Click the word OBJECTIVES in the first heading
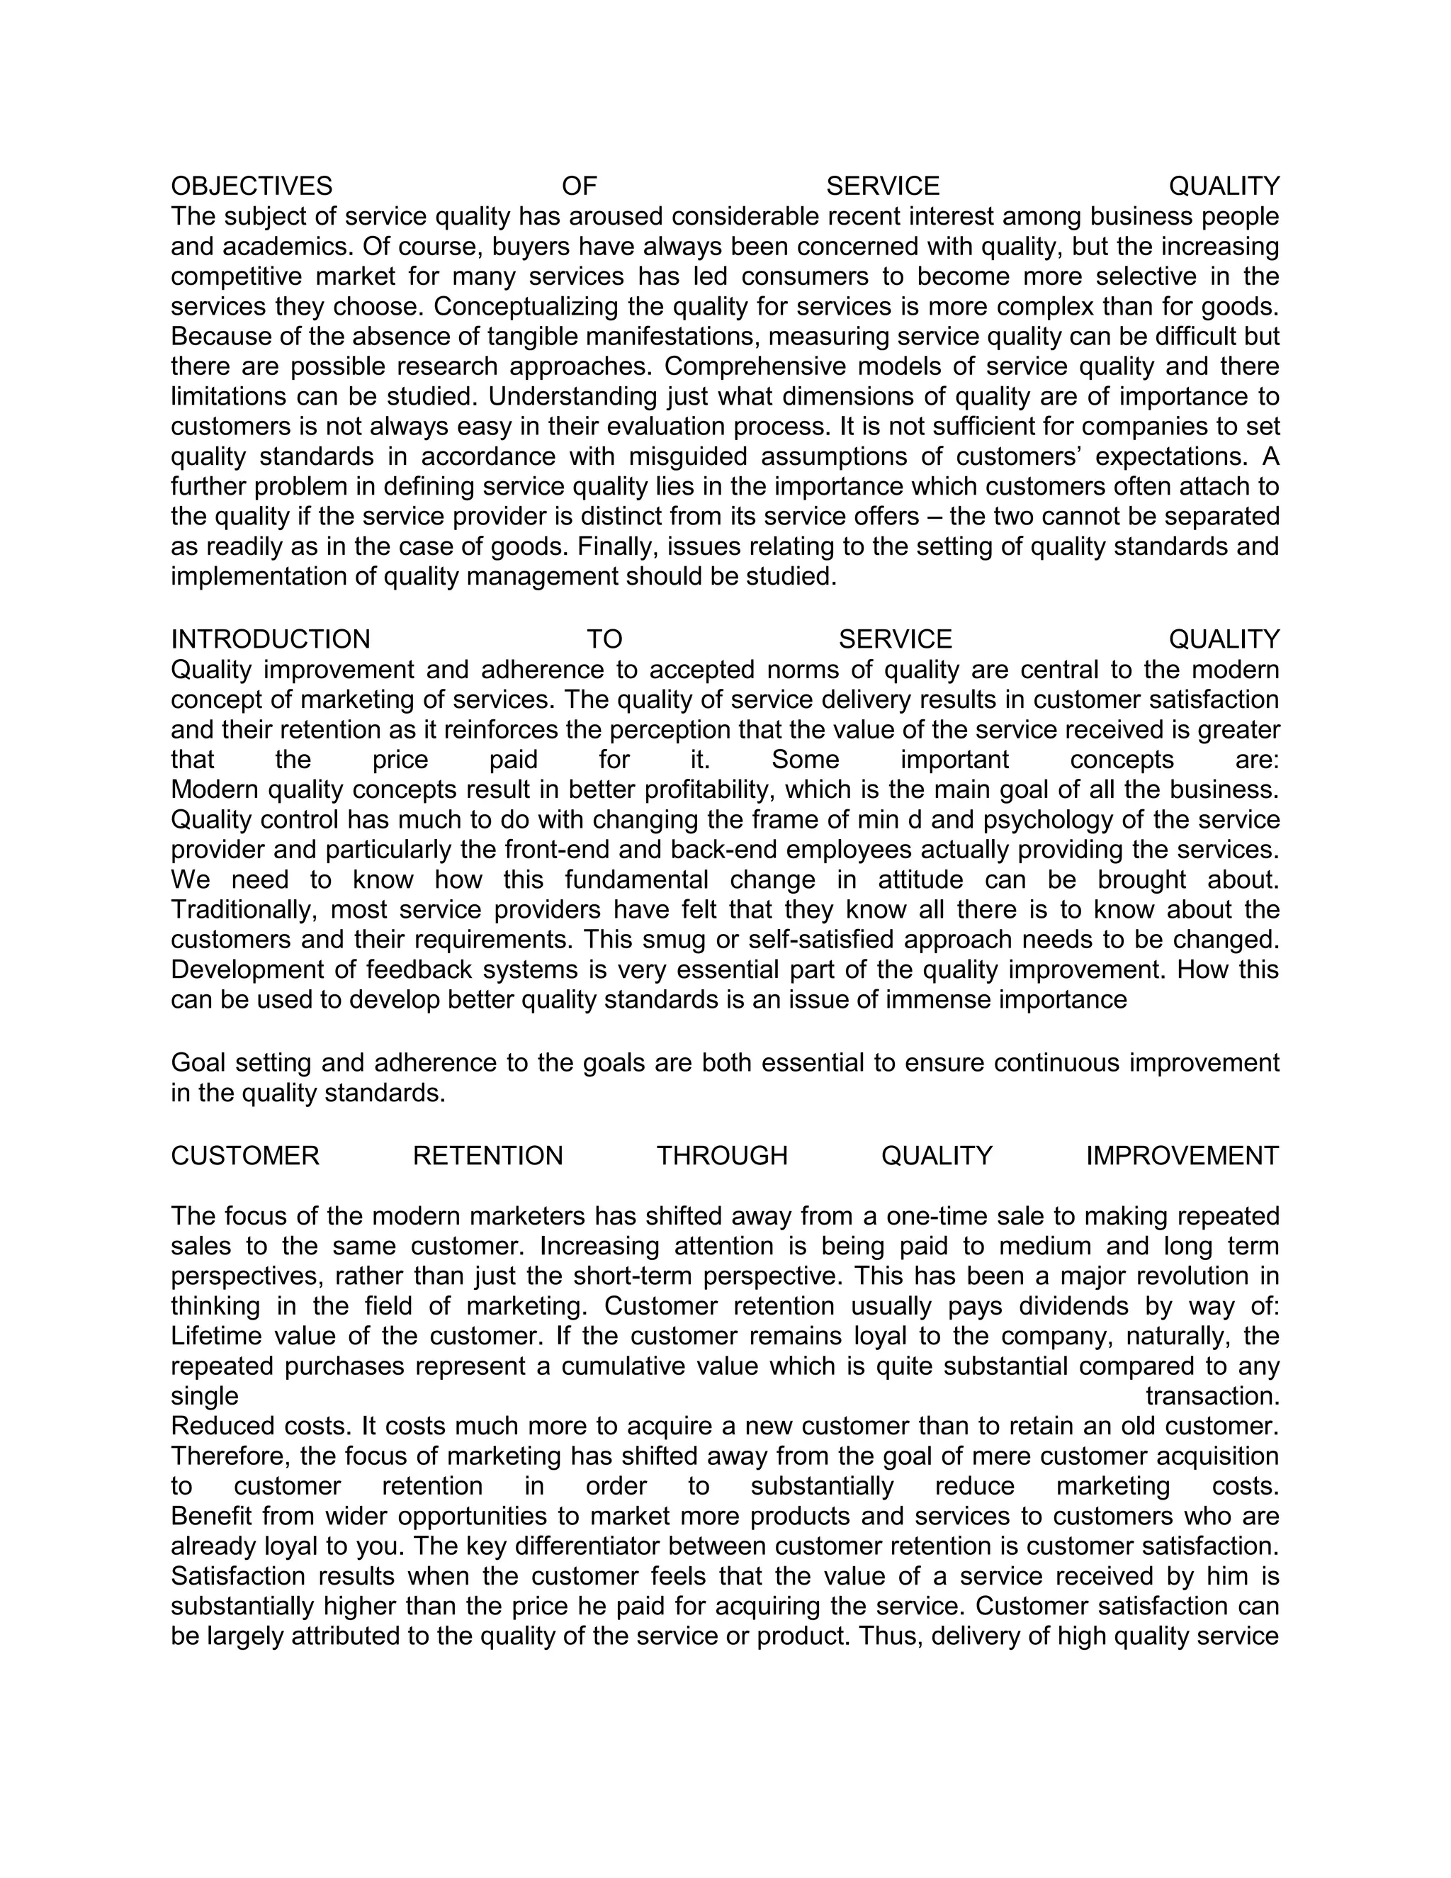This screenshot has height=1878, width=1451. coord(251,186)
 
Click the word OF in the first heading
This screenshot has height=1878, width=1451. coord(579,186)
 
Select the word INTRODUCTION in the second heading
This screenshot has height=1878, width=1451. coord(270,640)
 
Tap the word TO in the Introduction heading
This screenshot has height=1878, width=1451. coord(604,640)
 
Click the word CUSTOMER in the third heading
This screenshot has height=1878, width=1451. coord(245,1157)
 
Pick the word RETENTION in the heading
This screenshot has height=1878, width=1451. coord(487,1157)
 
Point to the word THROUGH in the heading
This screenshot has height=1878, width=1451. coord(722,1157)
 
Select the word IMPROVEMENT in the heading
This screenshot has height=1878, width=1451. coord(1182,1157)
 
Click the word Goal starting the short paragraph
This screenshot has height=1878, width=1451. coord(198,1064)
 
